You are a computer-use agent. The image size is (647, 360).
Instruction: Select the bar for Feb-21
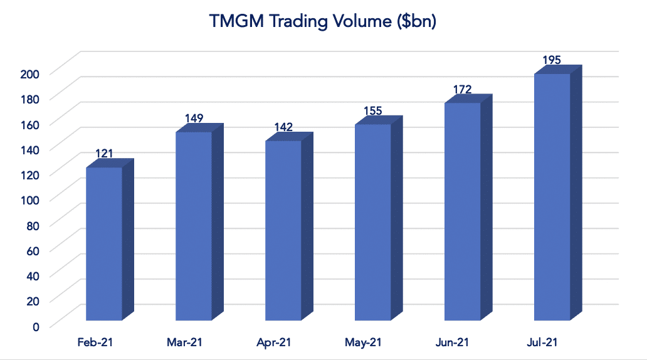tap(104, 245)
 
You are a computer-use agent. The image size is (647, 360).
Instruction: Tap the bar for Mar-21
tap(194, 226)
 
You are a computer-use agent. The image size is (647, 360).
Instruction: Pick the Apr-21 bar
tap(283, 231)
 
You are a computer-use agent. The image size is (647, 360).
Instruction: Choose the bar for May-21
tap(373, 223)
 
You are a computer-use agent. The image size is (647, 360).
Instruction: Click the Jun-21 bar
tap(462, 211)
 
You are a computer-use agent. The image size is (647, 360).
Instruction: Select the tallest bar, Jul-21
tap(552, 197)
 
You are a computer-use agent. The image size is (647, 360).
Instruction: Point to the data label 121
tap(104, 154)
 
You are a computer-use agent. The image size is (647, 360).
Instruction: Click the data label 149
tap(194, 118)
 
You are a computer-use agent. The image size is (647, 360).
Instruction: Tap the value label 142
tap(283, 127)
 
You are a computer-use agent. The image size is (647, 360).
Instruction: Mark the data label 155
tap(373, 111)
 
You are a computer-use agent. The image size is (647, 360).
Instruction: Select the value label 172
tap(462, 89)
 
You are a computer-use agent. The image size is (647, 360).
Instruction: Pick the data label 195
tap(552, 60)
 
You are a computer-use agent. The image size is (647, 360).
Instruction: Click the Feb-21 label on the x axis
tap(95, 342)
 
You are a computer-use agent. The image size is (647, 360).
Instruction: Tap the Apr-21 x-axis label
tap(273, 342)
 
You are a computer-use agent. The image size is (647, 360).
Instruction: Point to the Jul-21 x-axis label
tap(542, 342)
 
